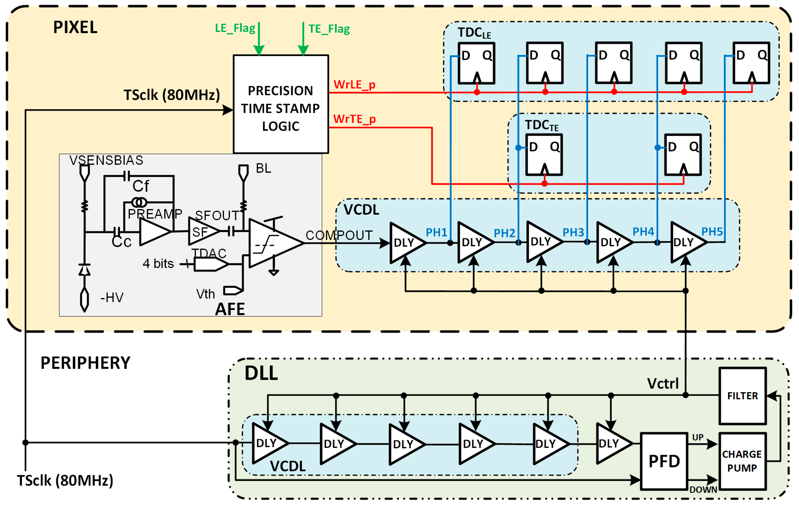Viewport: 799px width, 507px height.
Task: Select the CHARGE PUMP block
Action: click(x=742, y=462)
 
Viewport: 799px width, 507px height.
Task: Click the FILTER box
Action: click(x=742, y=396)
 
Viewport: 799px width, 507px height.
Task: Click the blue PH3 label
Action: click(x=573, y=232)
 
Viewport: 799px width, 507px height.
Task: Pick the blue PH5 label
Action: click(x=712, y=232)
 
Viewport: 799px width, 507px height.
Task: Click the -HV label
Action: click(x=112, y=298)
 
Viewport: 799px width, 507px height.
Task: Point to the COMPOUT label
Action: click(x=339, y=235)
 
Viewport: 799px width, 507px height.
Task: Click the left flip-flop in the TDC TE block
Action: click(x=544, y=155)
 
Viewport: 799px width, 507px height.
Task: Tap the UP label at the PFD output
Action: click(x=698, y=437)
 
